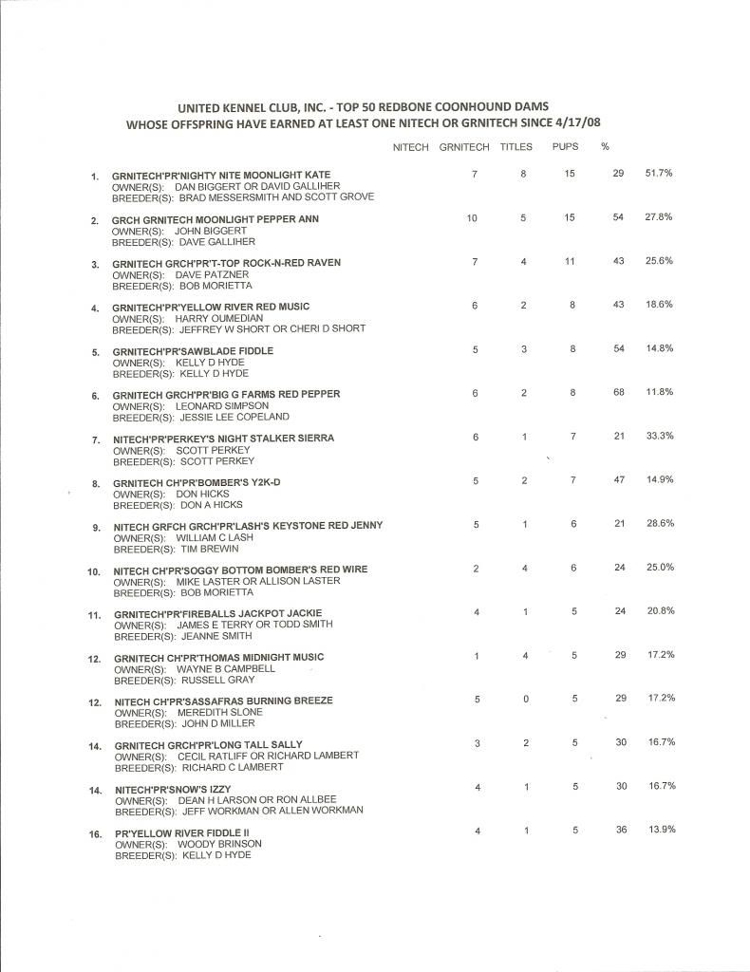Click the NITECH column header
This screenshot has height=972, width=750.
[410, 147]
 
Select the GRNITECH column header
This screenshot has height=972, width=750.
[464, 147]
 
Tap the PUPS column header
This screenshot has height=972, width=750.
[564, 147]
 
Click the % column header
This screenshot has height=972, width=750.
[605, 147]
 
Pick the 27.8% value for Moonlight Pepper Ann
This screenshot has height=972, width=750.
[659, 217]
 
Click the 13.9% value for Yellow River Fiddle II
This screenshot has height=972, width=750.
[660, 830]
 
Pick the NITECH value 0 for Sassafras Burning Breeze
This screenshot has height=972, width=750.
[525, 699]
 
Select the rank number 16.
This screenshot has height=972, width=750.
[95, 832]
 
